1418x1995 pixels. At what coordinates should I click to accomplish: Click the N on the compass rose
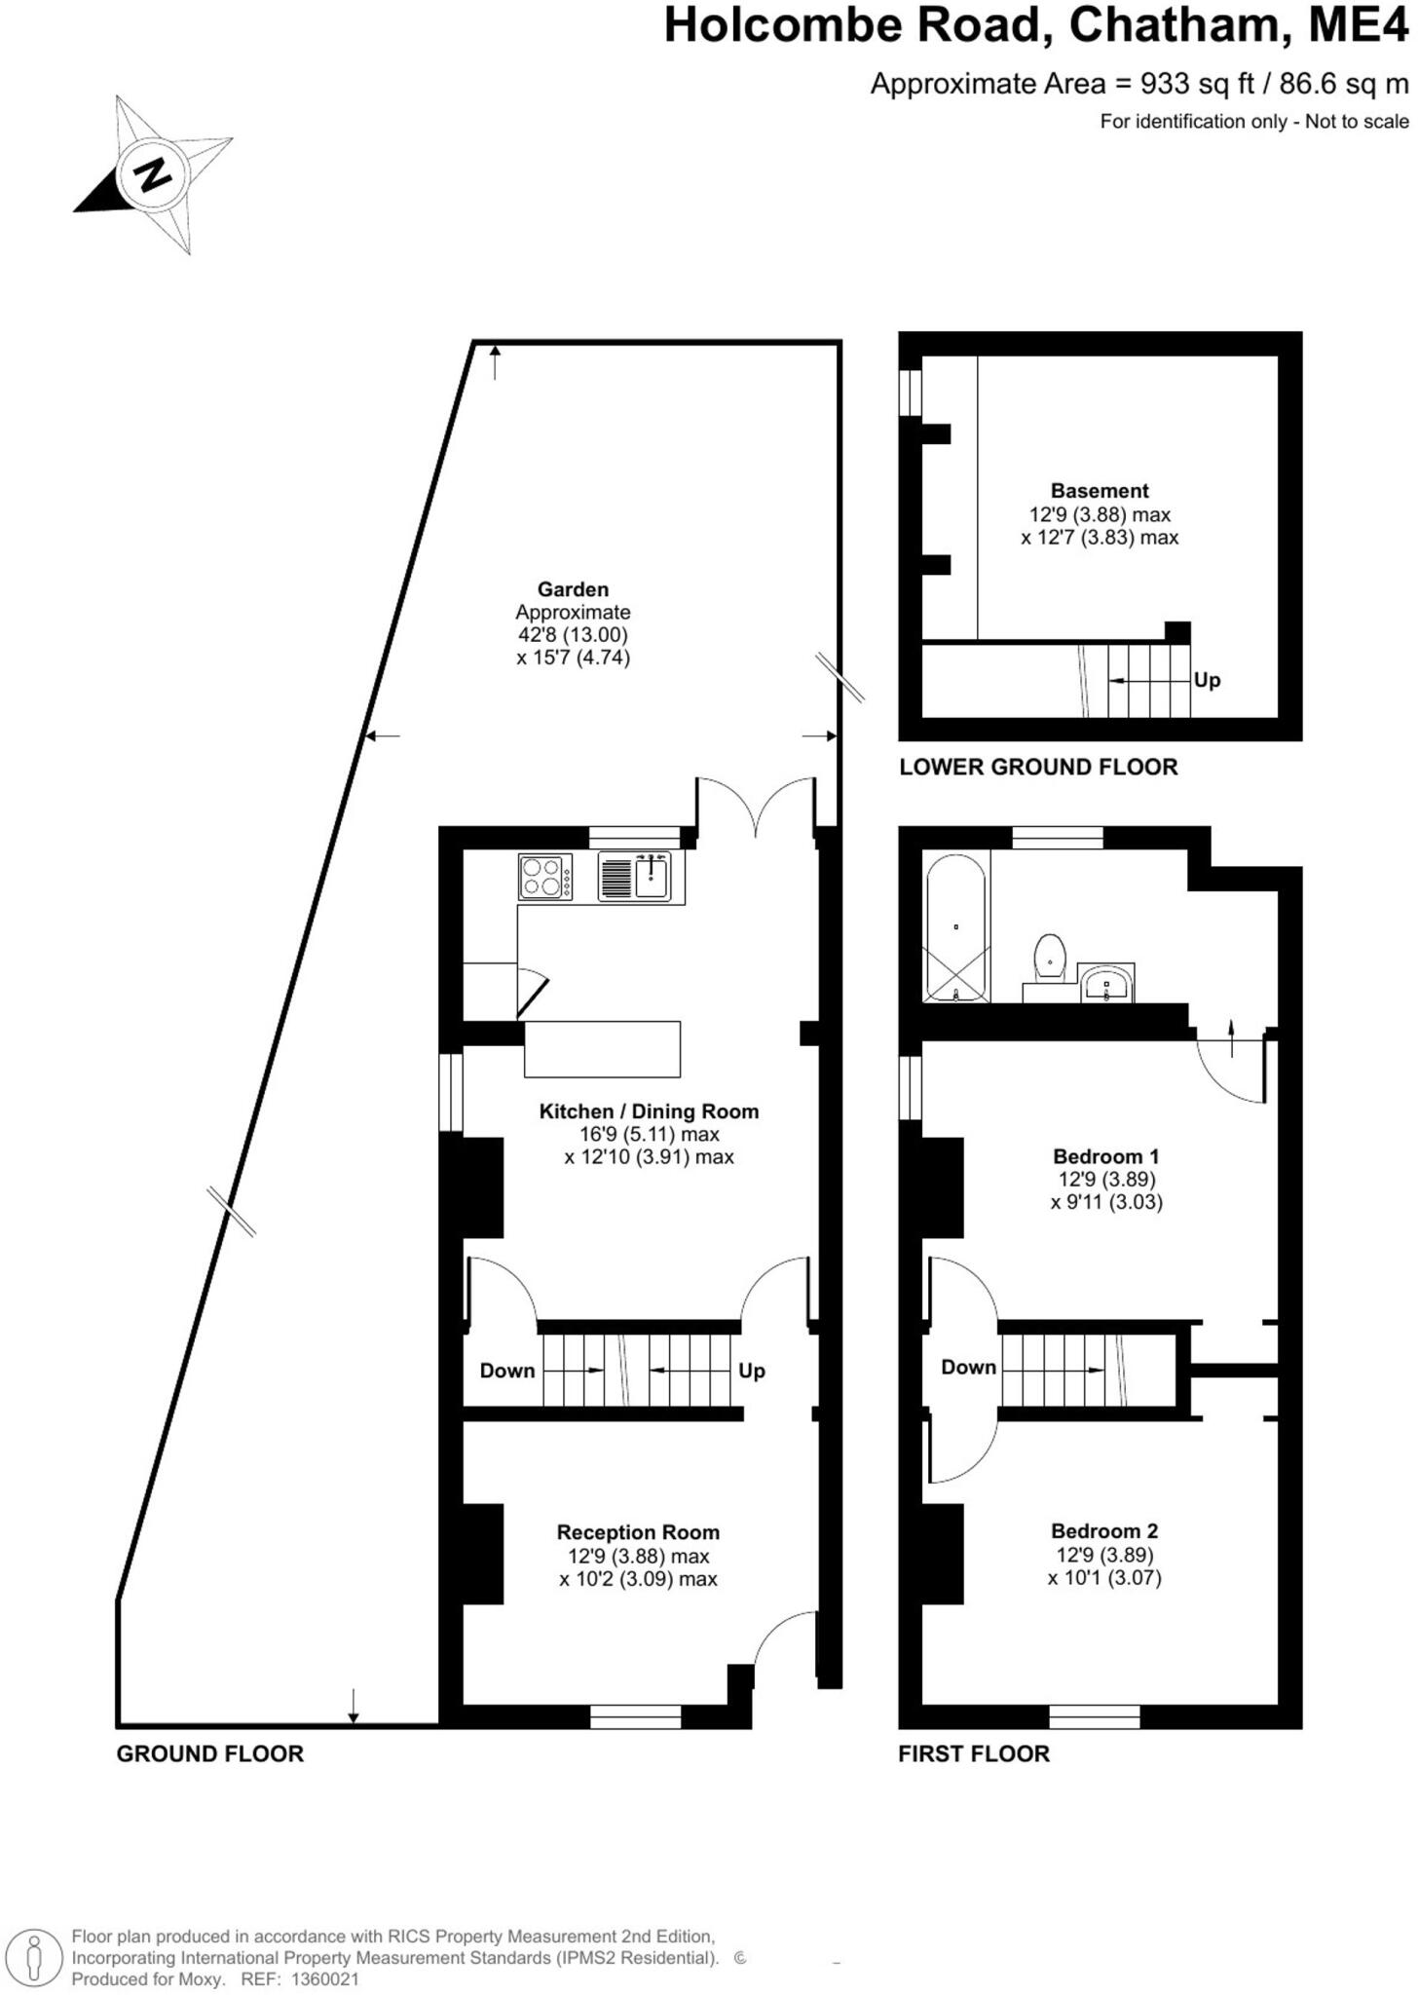(152, 175)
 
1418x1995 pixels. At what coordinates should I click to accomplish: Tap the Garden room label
(573, 589)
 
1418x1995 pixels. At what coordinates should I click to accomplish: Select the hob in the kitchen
(544, 875)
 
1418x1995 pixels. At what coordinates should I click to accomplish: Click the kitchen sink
(650, 876)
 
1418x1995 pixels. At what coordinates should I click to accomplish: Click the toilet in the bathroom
(1050, 958)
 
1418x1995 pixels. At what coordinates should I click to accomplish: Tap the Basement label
(1100, 491)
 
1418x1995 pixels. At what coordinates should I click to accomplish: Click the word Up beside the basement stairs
(1207, 680)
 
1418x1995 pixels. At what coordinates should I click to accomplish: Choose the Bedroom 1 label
(1106, 1156)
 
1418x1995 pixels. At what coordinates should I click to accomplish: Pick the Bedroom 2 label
(1104, 1531)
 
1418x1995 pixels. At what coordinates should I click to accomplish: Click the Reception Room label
(638, 1532)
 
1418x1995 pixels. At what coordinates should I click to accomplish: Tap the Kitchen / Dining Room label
(649, 1111)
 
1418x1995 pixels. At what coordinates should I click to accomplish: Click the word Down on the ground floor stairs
(507, 1371)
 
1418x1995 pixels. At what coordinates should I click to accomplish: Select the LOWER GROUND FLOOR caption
(1038, 767)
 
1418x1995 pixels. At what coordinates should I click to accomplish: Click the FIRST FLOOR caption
(974, 1753)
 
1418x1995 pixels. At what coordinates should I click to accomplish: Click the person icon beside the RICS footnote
(35, 1957)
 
